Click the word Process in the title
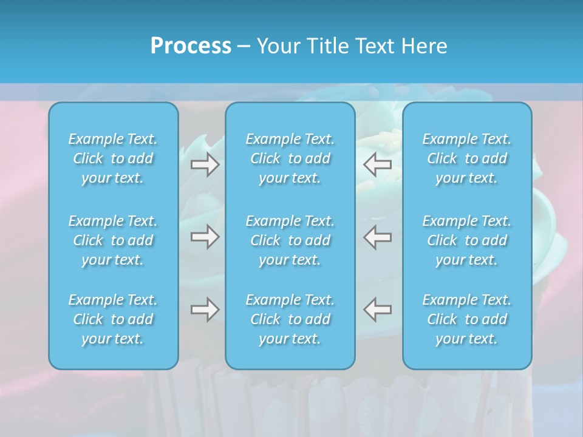pos(191,46)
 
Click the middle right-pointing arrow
pos(205,237)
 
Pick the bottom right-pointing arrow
pos(205,310)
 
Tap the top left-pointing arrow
pos(378,164)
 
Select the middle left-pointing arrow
pos(378,237)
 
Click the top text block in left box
pos(113,158)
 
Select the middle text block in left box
pos(113,240)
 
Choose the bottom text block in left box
pos(113,319)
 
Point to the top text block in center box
pos(290,158)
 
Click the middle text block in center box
pos(290,240)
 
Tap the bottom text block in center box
pos(290,319)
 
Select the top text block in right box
pos(467,158)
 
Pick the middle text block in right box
pos(467,240)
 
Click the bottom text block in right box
pos(467,319)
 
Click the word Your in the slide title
pos(279,46)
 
